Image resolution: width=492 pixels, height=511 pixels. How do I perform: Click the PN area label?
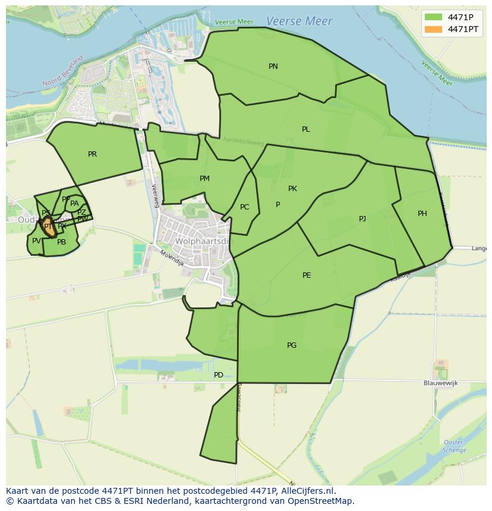273,66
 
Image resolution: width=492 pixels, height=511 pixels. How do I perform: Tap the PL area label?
305,129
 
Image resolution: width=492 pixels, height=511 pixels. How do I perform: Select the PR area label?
92,154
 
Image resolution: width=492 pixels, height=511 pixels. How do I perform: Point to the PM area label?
204,179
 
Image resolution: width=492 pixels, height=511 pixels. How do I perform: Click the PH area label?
422,214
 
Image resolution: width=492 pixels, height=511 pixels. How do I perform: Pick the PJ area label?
362,219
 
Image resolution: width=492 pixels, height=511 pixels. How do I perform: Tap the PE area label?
307,275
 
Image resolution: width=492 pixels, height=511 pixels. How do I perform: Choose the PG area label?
292,345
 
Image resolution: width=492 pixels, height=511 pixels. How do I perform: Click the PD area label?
219,375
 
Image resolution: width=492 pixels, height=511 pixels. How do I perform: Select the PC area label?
244,207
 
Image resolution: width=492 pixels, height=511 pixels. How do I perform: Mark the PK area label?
292,189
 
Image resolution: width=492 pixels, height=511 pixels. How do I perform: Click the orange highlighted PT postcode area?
48,227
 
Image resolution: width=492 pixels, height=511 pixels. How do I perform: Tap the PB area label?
61,242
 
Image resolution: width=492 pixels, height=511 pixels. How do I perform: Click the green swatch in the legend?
433,17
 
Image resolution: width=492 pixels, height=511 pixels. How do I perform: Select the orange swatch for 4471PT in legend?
433,29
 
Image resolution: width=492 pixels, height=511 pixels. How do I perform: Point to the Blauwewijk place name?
441,383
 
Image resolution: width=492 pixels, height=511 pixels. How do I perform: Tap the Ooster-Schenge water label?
453,446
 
